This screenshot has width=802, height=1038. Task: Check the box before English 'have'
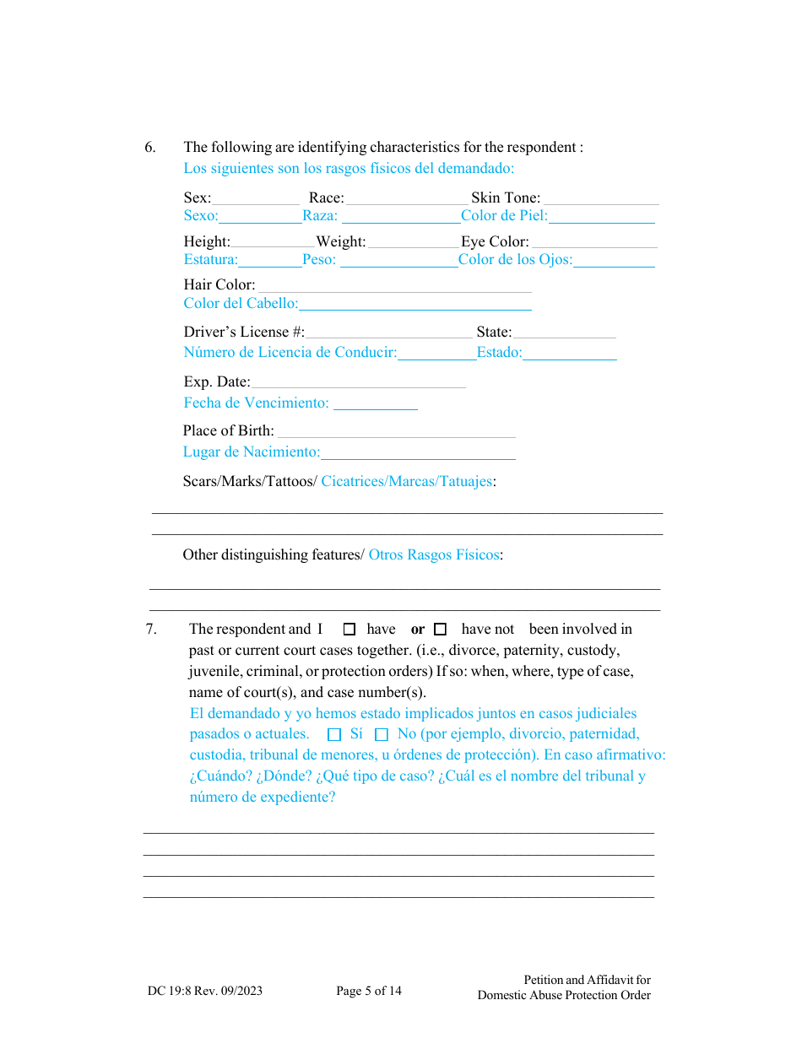click(x=350, y=629)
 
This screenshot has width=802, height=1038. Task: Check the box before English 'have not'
click(x=440, y=629)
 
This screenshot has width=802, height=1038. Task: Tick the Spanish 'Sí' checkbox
click(x=334, y=734)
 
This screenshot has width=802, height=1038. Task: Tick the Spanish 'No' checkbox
click(x=382, y=734)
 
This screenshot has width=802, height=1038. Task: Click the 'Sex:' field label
click(x=198, y=197)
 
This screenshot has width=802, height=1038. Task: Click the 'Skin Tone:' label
click(x=506, y=197)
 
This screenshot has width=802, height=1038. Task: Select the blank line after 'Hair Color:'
click(x=394, y=287)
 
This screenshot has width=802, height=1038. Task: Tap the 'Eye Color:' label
click(x=495, y=241)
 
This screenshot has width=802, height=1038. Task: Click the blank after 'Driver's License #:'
click(x=389, y=334)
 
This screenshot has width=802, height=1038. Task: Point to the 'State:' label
click(x=494, y=332)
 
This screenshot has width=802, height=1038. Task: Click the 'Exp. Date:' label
click(x=217, y=382)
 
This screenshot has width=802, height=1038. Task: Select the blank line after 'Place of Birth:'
click(x=397, y=433)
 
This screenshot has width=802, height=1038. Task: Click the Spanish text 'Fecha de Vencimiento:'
click(x=257, y=403)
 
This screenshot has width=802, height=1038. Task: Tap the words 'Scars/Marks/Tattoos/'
click(x=250, y=481)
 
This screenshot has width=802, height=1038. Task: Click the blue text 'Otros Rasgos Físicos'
click(x=434, y=554)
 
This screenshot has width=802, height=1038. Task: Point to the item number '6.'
click(x=150, y=147)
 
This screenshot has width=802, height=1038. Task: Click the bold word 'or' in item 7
click(x=418, y=629)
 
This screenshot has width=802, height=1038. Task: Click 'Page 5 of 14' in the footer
click(x=369, y=991)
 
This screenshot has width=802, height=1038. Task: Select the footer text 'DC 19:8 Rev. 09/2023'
click(x=205, y=991)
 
